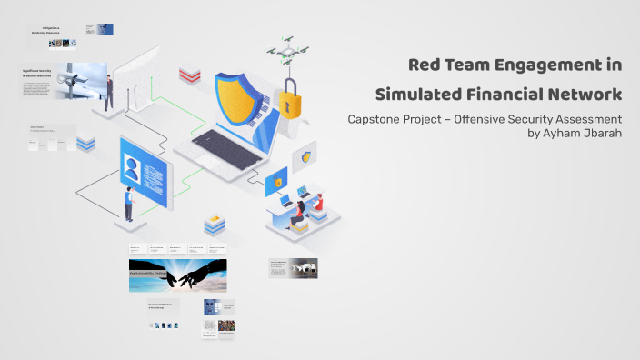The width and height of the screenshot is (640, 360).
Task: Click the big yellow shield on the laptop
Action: [x=238, y=97]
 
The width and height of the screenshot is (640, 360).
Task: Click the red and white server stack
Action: [x=189, y=74]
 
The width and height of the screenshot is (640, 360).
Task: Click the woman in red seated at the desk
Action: [x=298, y=215]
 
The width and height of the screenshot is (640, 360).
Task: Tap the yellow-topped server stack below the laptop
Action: [x=215, y=224]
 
